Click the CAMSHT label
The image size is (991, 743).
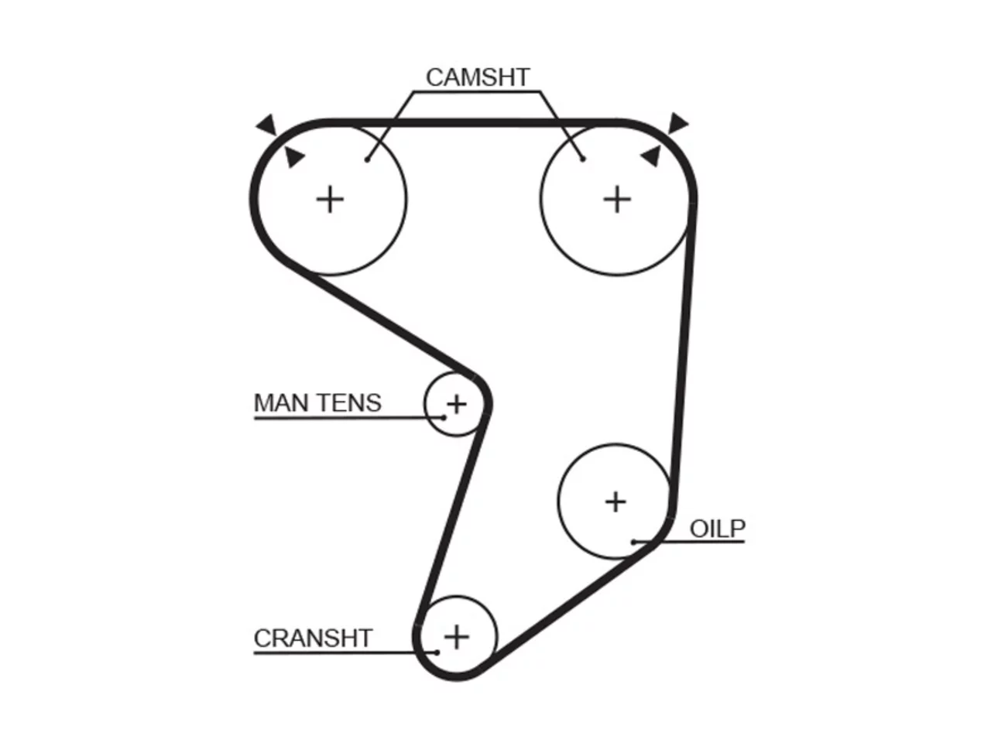pos(477,77)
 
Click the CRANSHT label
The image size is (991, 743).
pos(313,639)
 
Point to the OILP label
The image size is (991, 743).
pos(718,529)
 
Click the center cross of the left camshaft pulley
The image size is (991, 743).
pos(330,200)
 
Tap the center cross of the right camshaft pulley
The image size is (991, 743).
pos(617,200)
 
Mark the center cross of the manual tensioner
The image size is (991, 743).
pos(457,404)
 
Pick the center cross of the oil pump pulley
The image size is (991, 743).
pos(616,502)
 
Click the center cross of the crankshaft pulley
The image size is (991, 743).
pos(457,638)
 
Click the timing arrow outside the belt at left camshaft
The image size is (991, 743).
pos(267,125)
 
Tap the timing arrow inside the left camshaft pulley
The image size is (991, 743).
pos(294,156)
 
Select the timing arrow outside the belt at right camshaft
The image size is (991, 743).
pos(677,123)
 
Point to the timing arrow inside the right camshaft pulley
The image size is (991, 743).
pos(651,156)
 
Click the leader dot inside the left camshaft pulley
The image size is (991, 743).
pos(368,159)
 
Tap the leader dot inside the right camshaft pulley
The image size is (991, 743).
pos(583,159)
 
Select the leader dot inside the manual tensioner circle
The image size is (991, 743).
pos(444,418)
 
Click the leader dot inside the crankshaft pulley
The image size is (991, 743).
pos(437,652)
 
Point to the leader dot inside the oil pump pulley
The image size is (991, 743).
pos(634,542)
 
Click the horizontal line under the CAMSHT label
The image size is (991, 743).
pos(477,92)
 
